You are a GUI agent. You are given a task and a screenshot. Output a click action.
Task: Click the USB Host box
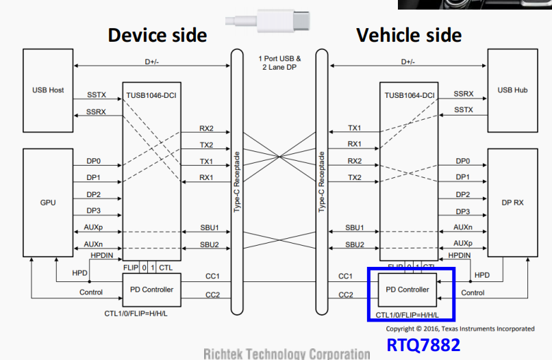click(47, 90)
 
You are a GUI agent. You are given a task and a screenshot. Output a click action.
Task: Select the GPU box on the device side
click(47, 203)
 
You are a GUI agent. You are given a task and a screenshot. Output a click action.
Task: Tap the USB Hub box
click(512, 90)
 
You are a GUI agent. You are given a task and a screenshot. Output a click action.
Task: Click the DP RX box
click(512, 203)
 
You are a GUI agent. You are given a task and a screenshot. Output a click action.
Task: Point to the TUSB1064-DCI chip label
click(408, 96)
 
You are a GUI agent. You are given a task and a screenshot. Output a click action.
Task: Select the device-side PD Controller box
click(151, 290)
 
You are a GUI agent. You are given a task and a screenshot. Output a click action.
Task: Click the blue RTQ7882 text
click(423, 344)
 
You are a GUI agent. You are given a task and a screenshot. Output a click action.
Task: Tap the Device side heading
click(157, 35)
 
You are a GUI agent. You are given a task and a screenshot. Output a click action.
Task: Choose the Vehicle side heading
click(409, 35)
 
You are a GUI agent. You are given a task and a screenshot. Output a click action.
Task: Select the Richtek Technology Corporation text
click(286, 353)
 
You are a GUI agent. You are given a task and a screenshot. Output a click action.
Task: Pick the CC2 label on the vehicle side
click(346, 296)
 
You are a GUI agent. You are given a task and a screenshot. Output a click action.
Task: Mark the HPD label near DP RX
click(482, 275)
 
